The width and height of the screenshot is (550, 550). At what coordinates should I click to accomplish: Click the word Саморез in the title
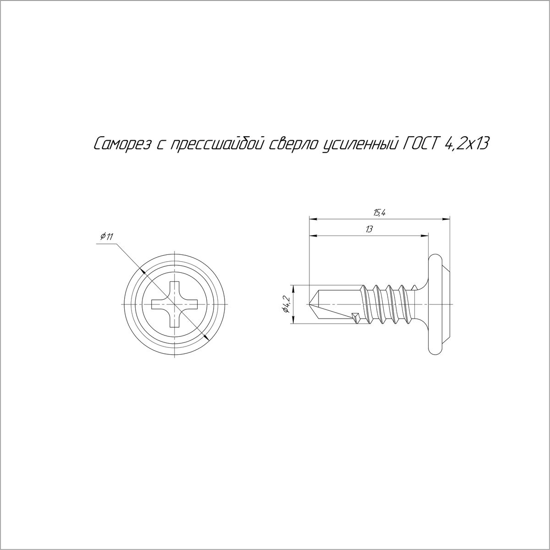[123, 144]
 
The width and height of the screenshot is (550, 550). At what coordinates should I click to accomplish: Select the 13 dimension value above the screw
[369, 229]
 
